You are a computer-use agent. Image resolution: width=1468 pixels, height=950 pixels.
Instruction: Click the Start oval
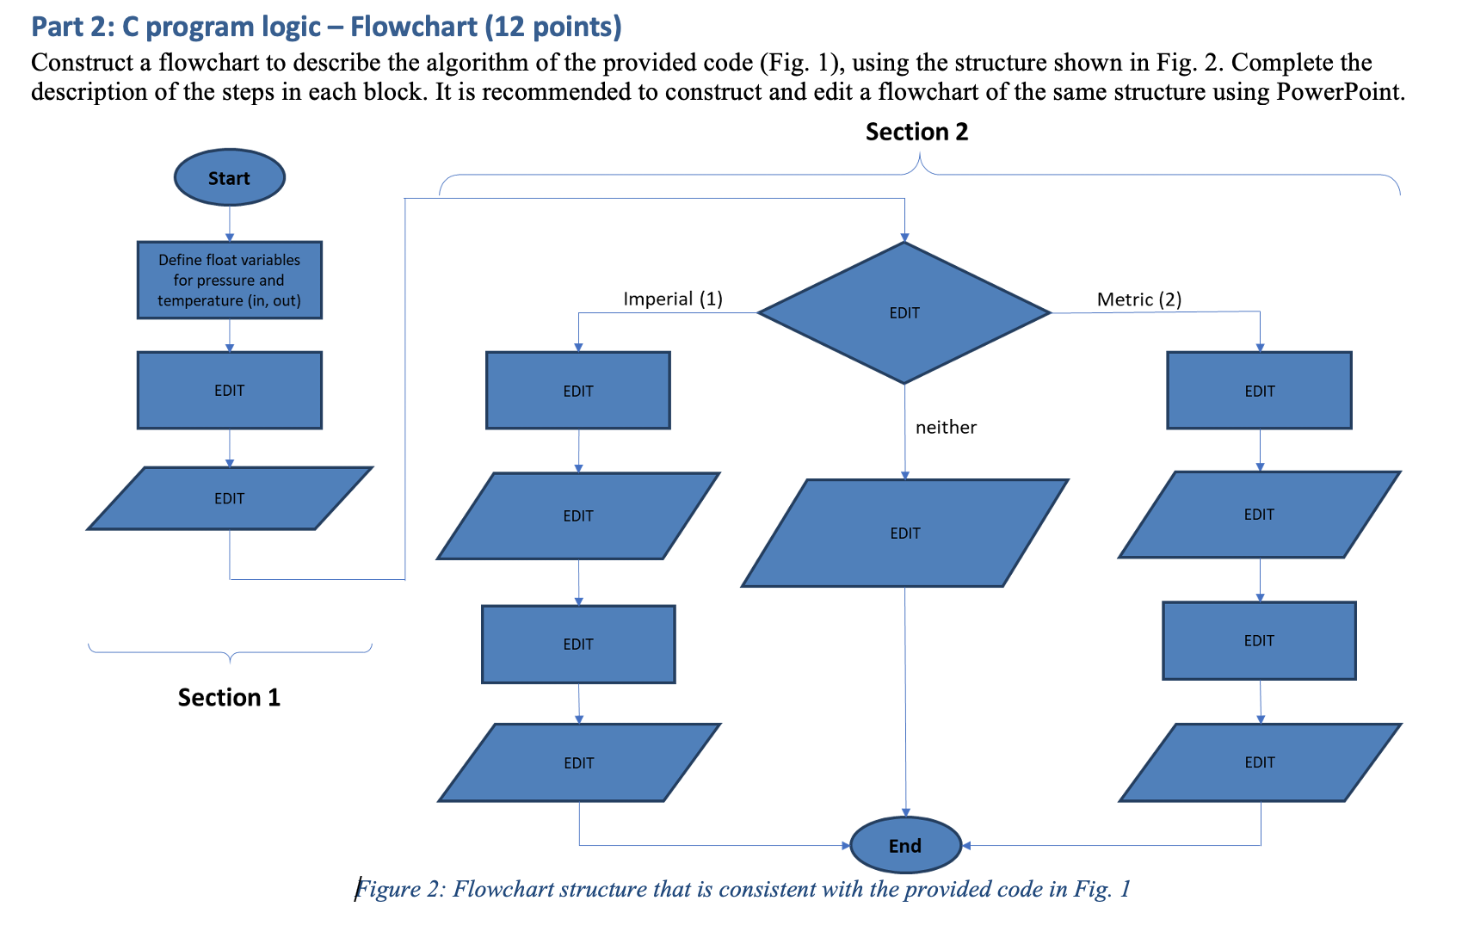pyautogui.click(x=229, y=178)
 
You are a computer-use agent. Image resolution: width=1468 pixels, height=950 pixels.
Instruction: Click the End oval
pyautogui.click(x=904, y=845)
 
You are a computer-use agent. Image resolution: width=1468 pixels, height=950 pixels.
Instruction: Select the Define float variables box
pyautogui.click(x=229, y=281)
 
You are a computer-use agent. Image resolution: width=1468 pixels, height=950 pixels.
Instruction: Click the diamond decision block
pyautogui.click(x=904, y=313)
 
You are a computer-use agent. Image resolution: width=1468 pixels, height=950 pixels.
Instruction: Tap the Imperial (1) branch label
pyautogui.click(x=672, y=299)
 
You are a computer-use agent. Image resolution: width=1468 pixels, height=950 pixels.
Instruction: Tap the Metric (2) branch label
pyautogui.click(x=1138, y=299)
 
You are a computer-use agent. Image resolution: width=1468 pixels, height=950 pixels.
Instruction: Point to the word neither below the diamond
pyautogui.click(x=945, y=427)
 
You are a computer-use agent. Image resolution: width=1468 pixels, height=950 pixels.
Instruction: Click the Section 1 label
pyautogui.click(x=229, y=697)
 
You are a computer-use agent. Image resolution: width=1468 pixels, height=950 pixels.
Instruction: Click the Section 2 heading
pyautogui.click(x=916, y=132)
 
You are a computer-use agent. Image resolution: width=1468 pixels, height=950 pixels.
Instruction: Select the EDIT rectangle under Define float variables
pyautogui.click(x=229, y=391)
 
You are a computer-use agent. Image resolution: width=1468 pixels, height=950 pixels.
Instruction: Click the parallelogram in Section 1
pyautogui.click(x=229, y=499)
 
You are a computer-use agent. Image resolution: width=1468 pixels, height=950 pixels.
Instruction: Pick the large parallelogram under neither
pyautogui.click(x=904, y=534)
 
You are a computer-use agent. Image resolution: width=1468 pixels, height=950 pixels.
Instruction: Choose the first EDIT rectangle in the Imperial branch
pyautogui.click(x=577, y=391)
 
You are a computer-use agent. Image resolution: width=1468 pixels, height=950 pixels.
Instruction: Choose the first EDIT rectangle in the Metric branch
pyautogui.click(x=1259, y=391)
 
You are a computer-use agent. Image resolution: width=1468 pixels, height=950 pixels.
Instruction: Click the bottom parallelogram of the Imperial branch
pyautogui.click(x=578, y=762)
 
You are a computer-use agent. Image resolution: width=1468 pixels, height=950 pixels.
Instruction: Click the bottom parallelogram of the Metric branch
pyautogui.click(x=1259, y=762)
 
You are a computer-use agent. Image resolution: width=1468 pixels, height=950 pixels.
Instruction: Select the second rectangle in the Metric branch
pyautogui.click(x=1259, y=641)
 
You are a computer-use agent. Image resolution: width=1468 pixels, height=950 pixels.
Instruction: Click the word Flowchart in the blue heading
pyautogui.click(x=413, y=27)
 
